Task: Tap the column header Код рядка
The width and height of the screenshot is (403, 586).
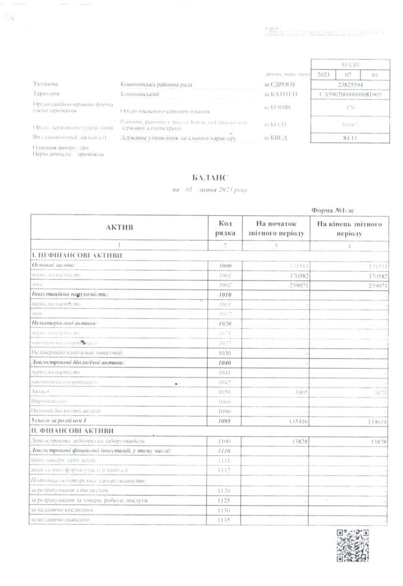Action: pyautogui.click(x=224, y=228)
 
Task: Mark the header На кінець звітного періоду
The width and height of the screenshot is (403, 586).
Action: pyautogui.click(x=350, y=228)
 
